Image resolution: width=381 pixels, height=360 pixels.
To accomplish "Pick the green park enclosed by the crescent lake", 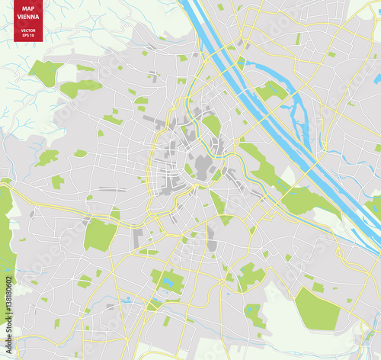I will pos(271,92).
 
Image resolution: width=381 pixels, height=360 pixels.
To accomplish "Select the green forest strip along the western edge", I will pos(6,229).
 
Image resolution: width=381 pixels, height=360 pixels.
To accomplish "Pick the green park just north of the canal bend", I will pos(213,124).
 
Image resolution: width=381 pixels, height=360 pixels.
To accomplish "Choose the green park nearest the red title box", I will pos(46,72).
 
